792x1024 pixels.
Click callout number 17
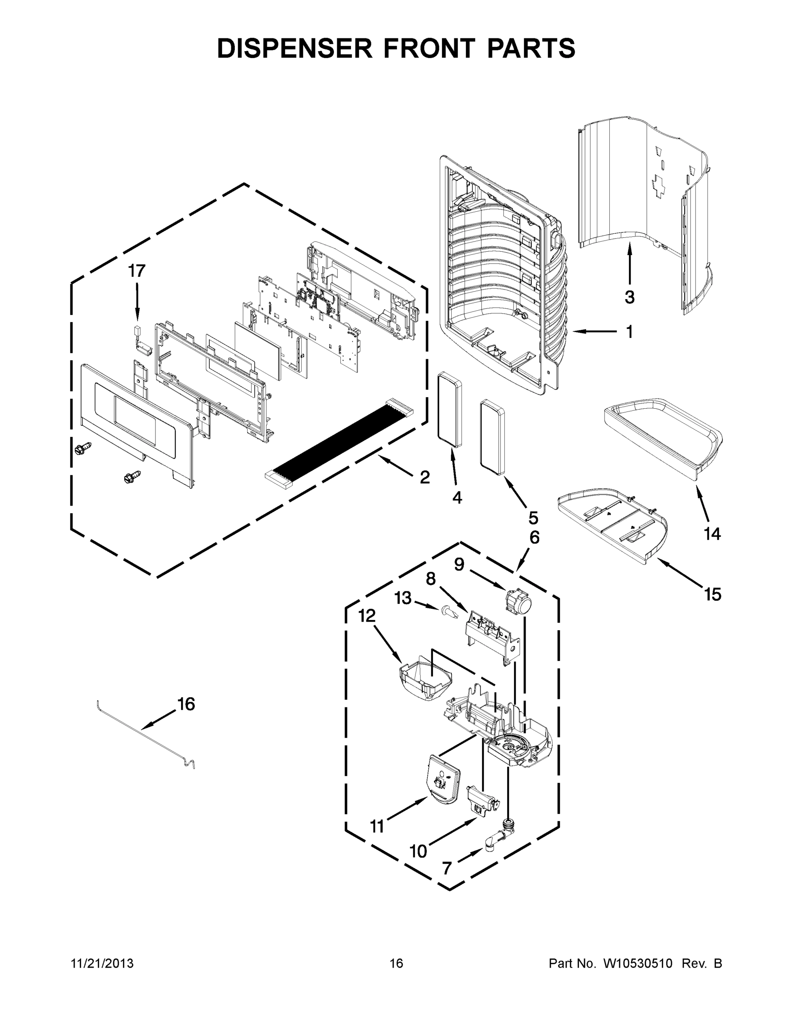point(137,271)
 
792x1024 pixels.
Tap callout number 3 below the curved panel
point(629,297)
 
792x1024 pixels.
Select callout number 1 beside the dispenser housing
point(629,332)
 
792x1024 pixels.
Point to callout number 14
point(712,534)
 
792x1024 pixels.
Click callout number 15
point(712,594)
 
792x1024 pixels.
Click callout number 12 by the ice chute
point(367,616)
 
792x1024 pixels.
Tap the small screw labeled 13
point(448,611)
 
